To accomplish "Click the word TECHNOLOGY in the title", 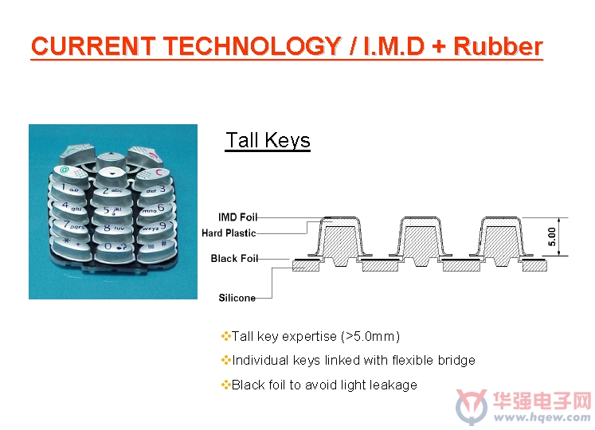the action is tap(252, 46).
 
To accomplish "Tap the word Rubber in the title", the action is tap(499, 46).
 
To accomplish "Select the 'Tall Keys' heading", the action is tap(268, 140).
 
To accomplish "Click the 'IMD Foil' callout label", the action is tap(237, 217).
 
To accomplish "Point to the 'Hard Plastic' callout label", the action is tap(229, 233).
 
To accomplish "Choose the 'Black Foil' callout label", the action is tap(234, 259).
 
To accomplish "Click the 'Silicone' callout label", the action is tap(237, 298).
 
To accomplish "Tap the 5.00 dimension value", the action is tap(552, 236).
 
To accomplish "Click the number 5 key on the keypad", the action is tap(112, 211).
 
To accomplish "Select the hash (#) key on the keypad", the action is tap(156, 246).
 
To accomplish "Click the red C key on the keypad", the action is tap(153, 175).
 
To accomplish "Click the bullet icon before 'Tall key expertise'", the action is tap(225, 336).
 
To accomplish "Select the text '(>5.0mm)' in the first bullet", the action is tap(370, 336).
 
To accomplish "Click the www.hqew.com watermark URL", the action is tap(542, 417).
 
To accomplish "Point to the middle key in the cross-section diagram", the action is tap(421, 240).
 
